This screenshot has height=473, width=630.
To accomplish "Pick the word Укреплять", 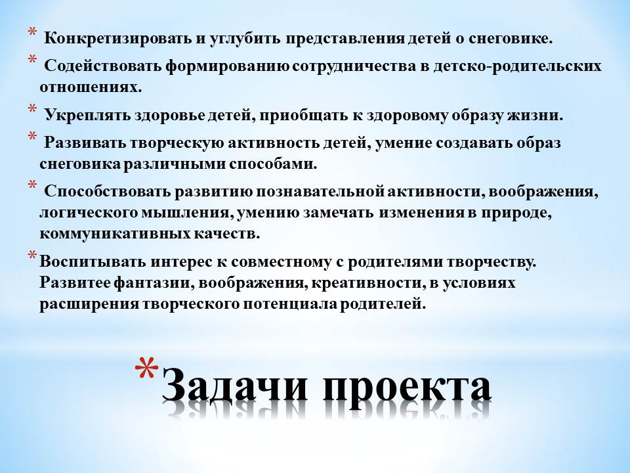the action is [87, 116].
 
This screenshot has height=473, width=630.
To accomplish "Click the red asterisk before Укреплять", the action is [31, 109].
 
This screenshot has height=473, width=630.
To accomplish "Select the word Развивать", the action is [85, 143].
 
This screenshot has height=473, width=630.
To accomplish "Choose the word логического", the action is [89, 213].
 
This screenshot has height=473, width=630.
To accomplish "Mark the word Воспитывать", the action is [93, 262].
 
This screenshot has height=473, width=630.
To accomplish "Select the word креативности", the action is [368, 282].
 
